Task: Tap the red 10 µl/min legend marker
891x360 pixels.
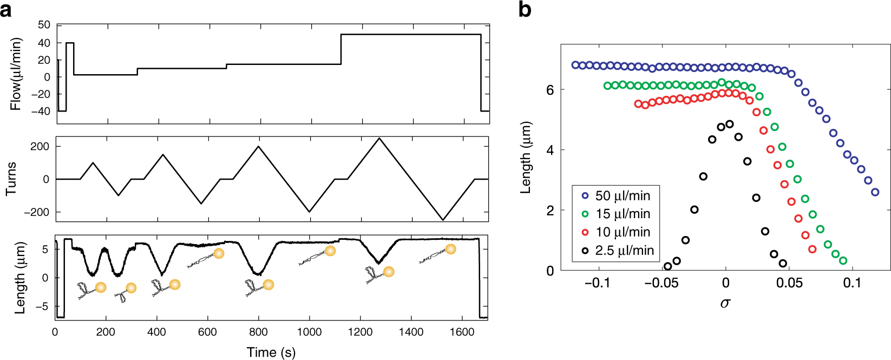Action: pos(585,232)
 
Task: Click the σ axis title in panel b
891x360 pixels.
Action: pos(725,303)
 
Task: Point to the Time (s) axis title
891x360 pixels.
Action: pos(271,352)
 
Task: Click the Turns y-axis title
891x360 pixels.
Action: pos(11,179)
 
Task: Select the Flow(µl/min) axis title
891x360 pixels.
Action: pos(16,74)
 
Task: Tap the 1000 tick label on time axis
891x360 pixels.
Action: pos(309,332)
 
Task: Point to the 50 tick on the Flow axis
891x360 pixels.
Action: pos(44,25)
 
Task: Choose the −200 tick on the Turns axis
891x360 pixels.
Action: pos(36,212)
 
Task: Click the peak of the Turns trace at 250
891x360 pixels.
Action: pos(379,139)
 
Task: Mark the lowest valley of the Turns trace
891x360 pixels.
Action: pos(443,220)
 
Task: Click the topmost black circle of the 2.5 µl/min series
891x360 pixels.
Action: pos(729,124)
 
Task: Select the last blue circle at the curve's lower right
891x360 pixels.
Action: pos(875,192)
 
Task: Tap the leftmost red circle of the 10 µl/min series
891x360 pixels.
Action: pos(638,103)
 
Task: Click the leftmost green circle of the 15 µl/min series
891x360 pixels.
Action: pos(607,86)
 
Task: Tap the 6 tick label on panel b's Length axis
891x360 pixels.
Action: pos(550,90)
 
